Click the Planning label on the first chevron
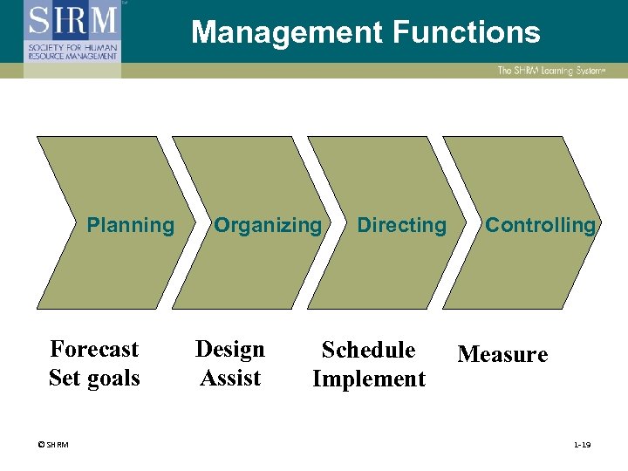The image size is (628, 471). pos(131,225)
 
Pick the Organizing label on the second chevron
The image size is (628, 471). pos(268,225)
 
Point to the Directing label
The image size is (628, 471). pos(401,225)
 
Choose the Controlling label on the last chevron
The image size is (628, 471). pos(540,225)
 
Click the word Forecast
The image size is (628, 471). pos(94,349)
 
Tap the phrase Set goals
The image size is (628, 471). pos(94,378)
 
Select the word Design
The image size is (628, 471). pos(230,349)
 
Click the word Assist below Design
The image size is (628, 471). pos(230,378)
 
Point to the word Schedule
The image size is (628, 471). pos(368,350)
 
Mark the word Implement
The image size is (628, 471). pos(368,379)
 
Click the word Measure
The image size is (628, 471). pos(502,354)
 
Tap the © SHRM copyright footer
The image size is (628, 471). pos(54,445)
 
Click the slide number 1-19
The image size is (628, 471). pos(582,445)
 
